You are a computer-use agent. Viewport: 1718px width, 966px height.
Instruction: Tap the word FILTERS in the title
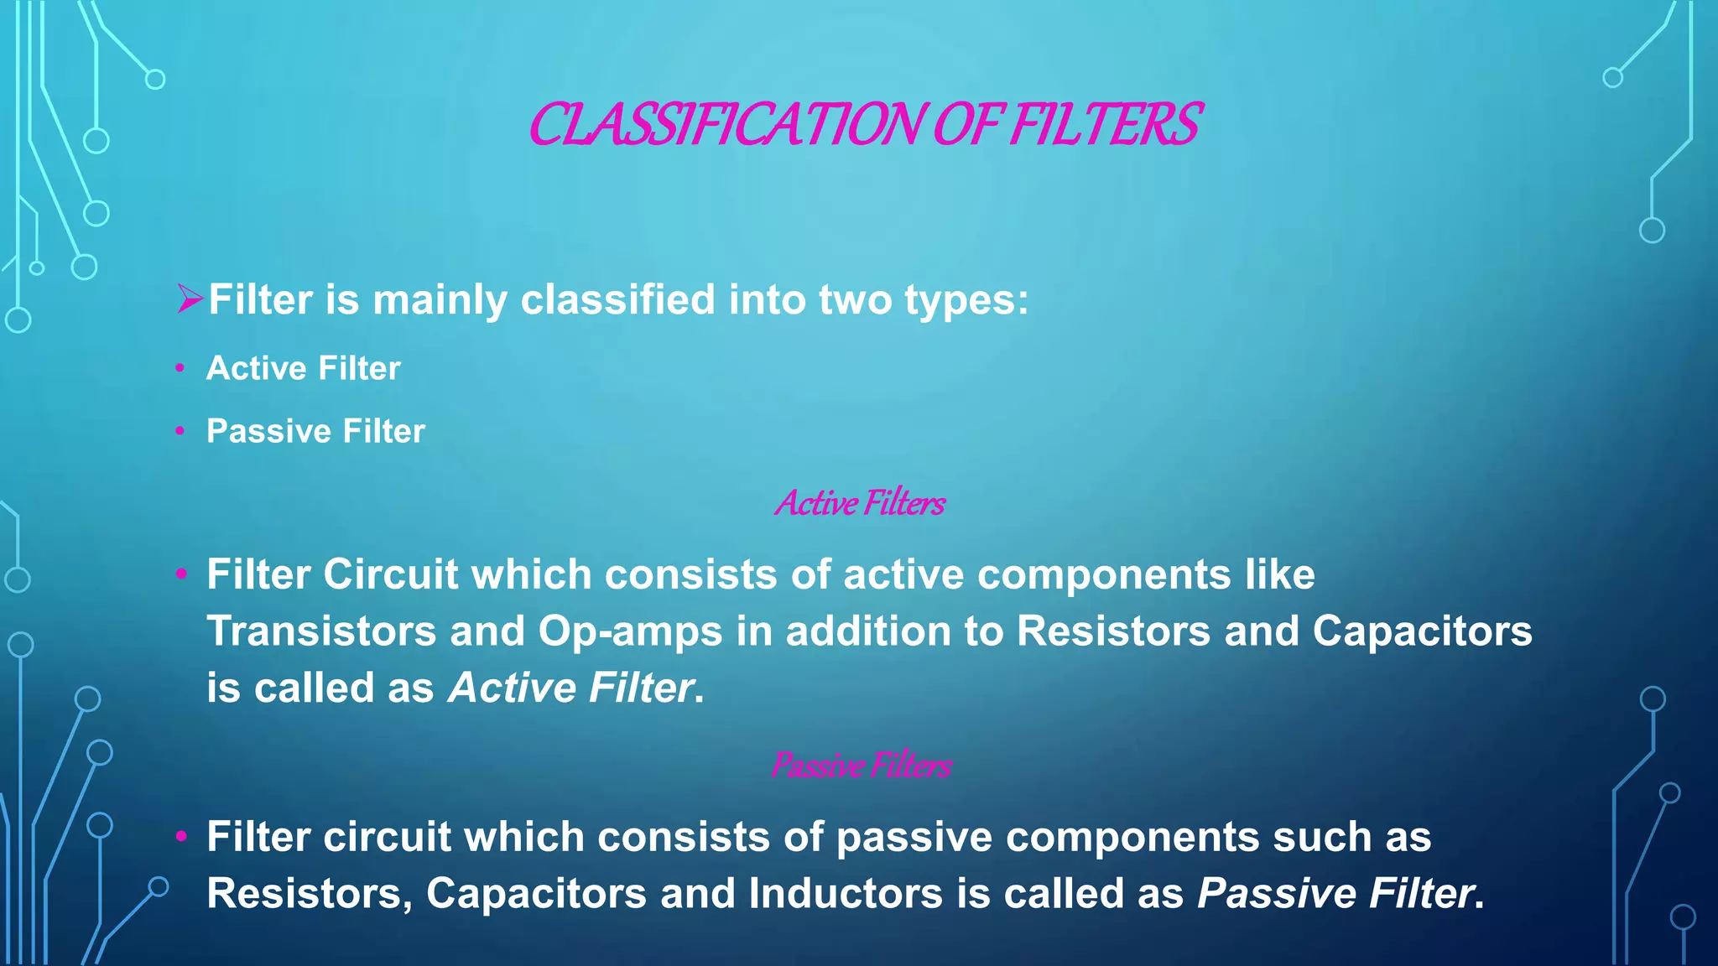tap(1105, 125)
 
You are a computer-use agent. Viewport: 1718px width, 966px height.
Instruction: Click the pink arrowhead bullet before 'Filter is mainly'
tap(190, 299)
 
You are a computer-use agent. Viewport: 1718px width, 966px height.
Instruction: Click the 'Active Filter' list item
tap(304, 368)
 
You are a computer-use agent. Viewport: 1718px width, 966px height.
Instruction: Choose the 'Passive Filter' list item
tap(315, 431)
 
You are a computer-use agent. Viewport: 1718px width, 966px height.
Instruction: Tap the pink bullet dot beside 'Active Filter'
tap(180, 368)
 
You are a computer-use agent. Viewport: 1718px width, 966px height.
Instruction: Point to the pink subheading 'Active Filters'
tap(860, 503)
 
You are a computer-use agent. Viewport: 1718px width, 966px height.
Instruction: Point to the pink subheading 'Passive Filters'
tap(861, 765)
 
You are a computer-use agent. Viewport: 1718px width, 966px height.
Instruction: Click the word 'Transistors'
tap(321, 631)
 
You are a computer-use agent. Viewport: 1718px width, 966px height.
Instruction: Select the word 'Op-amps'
tap(630, 632)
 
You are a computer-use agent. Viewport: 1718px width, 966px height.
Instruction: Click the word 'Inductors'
tap(846, 893)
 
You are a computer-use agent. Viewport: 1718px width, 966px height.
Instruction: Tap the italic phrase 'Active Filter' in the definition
tap(571, 688)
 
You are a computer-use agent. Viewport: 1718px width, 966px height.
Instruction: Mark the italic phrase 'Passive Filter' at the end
tap(1335, 893)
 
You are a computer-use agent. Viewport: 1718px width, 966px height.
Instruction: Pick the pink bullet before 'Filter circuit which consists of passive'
tap(180, 836)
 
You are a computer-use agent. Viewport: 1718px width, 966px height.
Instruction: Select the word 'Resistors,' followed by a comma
tap(310, 893)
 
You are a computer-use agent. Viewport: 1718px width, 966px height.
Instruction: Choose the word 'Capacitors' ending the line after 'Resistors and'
tap(1422, 631)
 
